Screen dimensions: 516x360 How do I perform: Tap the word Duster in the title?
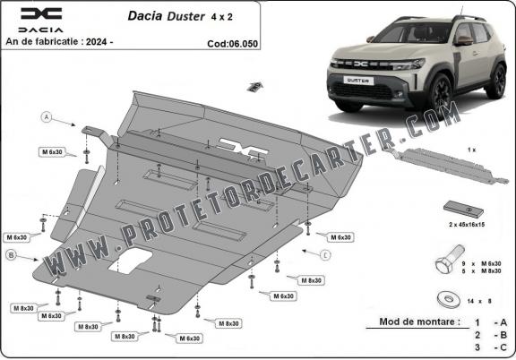185,16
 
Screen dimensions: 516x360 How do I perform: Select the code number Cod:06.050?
232,44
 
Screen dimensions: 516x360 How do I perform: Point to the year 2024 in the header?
96,42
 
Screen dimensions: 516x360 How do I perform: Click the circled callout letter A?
47,116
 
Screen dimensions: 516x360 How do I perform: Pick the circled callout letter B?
11,254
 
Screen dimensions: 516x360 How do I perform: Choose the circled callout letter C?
325,255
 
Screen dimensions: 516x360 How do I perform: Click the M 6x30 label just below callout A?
52,152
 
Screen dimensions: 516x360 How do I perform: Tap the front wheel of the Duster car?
440,92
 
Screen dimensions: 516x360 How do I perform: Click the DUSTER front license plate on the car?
358,81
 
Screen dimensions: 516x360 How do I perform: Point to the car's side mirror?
463,40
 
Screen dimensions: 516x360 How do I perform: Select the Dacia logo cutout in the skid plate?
243,148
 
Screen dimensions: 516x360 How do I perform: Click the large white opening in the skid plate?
130,261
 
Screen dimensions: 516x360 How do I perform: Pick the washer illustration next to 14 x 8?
449,300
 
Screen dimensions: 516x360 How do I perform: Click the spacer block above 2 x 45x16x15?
463,210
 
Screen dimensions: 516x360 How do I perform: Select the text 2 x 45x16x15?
467,225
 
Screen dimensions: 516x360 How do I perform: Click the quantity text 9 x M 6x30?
481,263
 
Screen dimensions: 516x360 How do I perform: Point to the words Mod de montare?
420,321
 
